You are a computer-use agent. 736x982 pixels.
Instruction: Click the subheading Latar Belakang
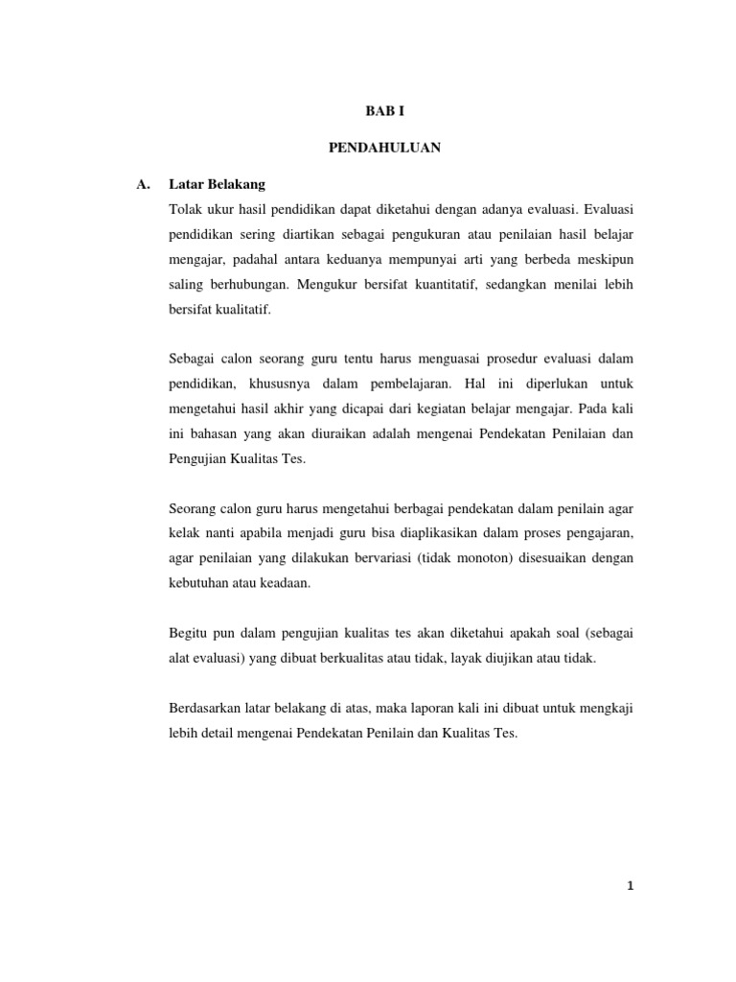point(217,183)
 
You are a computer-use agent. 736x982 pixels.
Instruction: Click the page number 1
point(630,886)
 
